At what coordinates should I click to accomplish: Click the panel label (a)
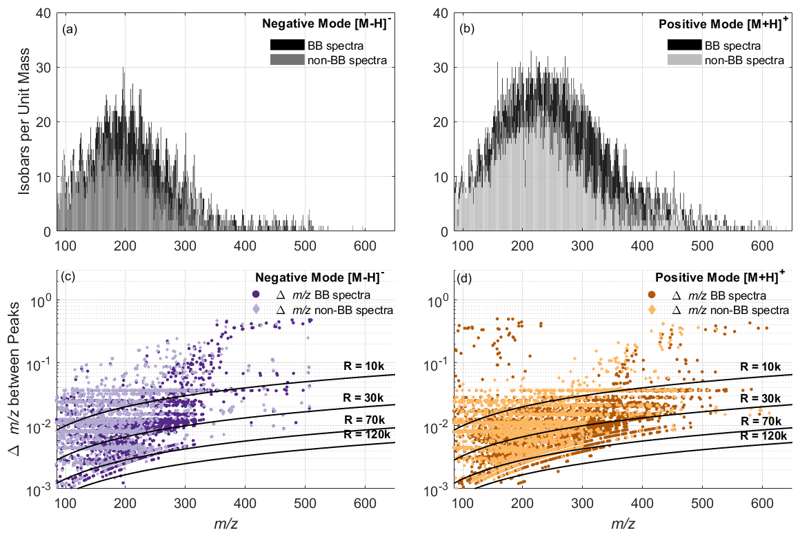68,30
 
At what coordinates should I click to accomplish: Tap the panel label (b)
466,30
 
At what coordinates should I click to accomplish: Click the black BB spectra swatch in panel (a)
286,46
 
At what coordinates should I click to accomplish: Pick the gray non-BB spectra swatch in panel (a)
286,60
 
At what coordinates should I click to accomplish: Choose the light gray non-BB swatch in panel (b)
684,60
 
